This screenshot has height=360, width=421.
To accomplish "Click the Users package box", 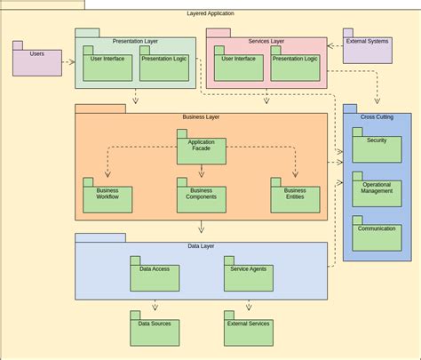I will tap(36, 61).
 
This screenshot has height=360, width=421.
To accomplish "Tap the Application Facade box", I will tap(201, 150).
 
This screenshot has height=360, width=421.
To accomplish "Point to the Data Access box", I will tap(155, 277).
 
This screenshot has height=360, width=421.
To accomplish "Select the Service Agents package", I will tap(248, 277).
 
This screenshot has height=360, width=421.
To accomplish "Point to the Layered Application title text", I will tap(210, 13).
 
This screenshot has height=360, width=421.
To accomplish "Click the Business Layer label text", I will tap(201, 116).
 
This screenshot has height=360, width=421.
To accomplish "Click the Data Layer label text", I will tap(201, 246).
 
